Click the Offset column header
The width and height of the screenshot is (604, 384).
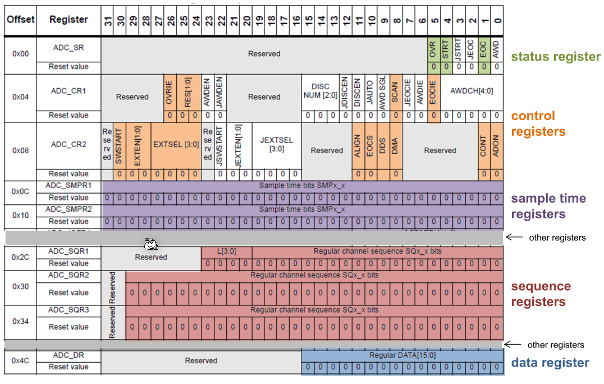20,20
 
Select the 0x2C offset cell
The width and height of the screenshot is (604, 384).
20,258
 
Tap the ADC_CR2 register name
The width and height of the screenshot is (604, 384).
68,144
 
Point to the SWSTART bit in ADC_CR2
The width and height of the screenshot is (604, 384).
119,145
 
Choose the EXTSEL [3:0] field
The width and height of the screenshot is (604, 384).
176,145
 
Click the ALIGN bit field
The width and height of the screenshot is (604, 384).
358,145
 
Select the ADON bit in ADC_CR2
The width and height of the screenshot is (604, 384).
495,145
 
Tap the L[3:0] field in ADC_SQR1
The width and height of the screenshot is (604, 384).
226,251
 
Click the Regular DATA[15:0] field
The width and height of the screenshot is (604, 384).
402,355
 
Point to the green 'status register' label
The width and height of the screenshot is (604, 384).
556,57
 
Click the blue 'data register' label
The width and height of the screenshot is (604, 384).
550,363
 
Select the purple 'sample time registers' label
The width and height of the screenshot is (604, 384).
548,206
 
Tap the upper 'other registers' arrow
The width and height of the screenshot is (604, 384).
514,237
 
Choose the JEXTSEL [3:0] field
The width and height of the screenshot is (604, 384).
276,145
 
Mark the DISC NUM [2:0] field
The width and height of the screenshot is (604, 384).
320,91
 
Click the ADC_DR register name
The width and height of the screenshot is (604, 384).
68,355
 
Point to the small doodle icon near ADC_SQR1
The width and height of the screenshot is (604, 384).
150,244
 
